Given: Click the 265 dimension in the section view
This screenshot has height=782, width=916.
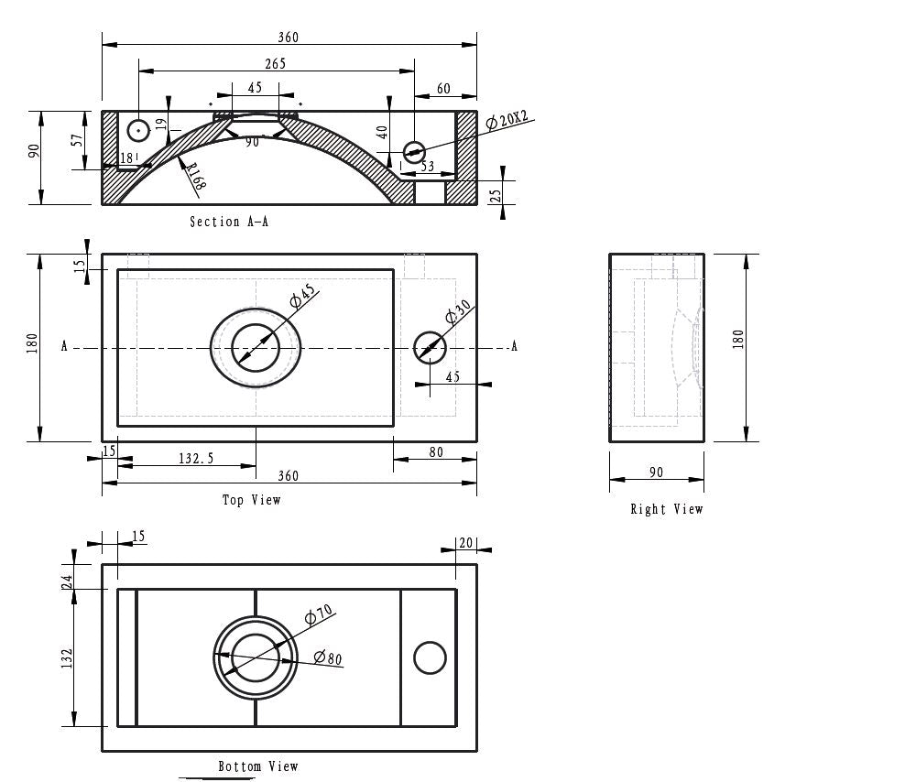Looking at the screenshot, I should coord(275,63).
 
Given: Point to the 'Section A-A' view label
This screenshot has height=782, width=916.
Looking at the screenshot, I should coord(229,222).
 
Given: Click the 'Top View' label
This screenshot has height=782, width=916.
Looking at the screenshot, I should coord(251,500).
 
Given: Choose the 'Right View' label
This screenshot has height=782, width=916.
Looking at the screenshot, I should coord(666,509).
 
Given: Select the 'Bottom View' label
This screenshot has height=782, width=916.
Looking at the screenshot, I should coord(257,766).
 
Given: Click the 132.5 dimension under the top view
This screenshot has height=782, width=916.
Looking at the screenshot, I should coord(196,458).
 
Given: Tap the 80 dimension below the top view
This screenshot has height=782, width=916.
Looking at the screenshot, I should coord(435,452).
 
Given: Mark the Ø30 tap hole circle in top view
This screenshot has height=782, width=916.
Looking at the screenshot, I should coord(430,347).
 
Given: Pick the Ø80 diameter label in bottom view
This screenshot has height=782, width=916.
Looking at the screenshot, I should coord(327,657).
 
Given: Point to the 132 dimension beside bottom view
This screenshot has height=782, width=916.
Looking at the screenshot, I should coord(66,658).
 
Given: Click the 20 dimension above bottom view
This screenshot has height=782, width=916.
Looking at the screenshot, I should coord(465,543).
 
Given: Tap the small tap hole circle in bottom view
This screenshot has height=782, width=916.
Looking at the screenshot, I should coord(430,658).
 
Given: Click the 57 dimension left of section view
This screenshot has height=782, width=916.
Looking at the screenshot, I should coord(78,139).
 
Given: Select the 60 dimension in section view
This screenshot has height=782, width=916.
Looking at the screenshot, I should coord(443,89).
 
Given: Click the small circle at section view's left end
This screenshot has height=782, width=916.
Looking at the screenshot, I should coord(137,131).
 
